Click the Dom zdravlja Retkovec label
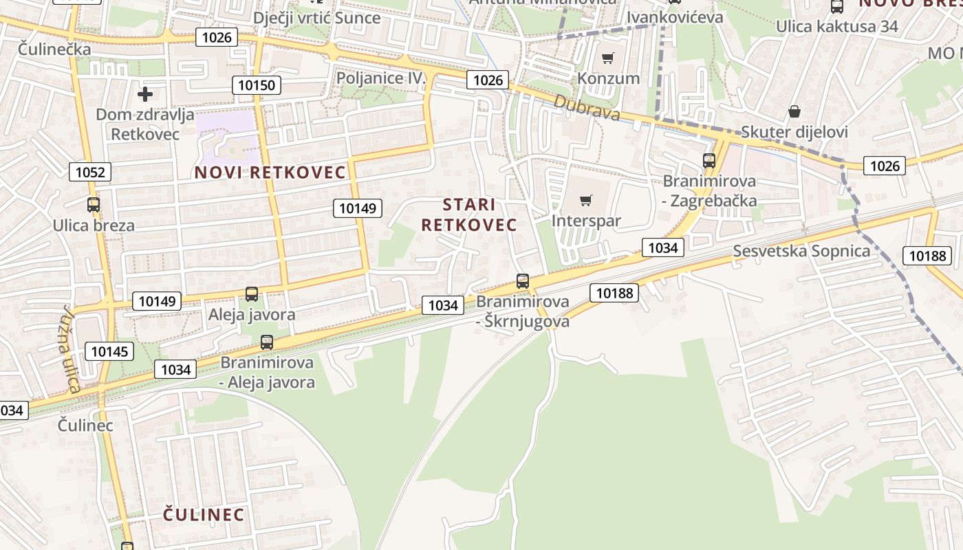[145, 124]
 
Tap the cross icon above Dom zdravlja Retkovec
[145, 93]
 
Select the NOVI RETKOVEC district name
[270, 172]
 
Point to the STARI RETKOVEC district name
[469, 214]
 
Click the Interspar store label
[586, 221]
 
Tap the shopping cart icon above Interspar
[586, 200]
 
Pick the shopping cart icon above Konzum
[608, 58]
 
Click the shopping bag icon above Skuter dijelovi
[794, 111]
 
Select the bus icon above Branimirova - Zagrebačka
[709, 161]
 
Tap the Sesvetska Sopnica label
[801, 251]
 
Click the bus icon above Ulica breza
[94, 205]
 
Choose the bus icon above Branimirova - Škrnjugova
[523, 281]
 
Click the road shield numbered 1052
[90, 172]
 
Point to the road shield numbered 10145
[109, 352]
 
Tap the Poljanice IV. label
[382, 78]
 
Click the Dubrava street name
[587, 108]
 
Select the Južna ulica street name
[71, 349]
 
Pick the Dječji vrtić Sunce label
[316, 17]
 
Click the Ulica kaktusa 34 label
[837, 26]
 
